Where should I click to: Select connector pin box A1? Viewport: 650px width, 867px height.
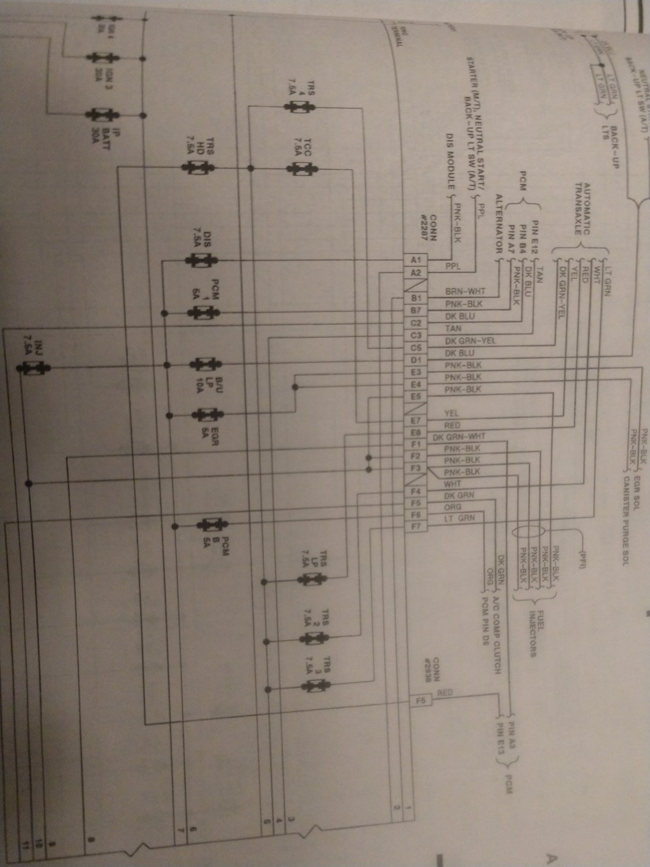(x=417, y=260)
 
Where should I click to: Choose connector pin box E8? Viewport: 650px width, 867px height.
(x=417, y=432)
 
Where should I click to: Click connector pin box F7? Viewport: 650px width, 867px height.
(x=417, y=526)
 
